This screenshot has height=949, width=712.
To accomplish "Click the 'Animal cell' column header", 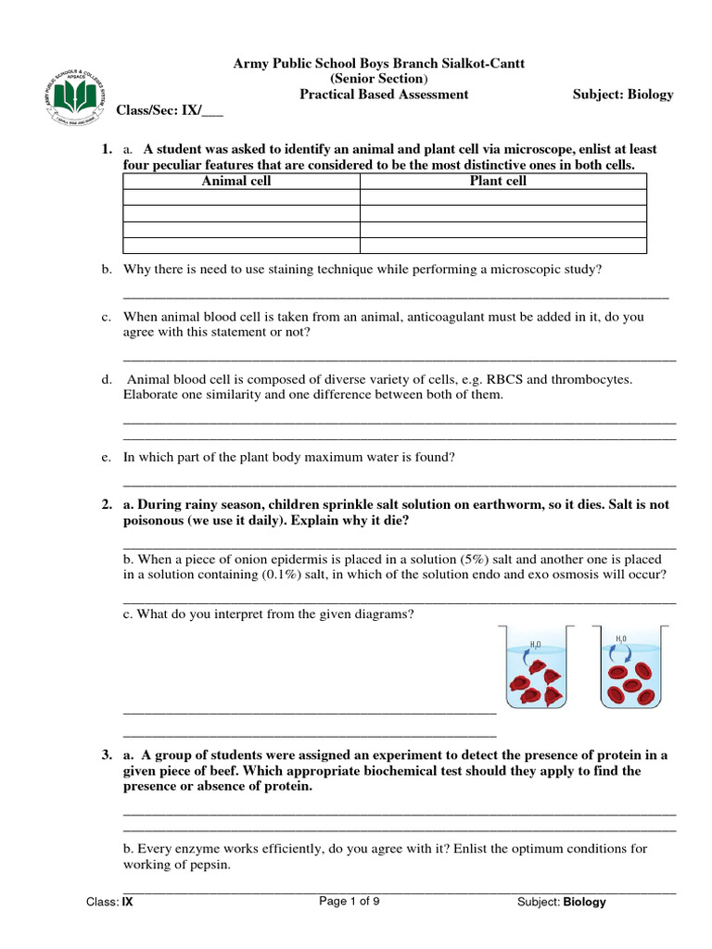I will [x=236, y=181].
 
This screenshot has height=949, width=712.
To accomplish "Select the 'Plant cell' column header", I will [x=498, y=181].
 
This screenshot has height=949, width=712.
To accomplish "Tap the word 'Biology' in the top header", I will [x=651, y=95].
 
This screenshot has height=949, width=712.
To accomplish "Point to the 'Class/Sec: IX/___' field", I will [x=170, y=110].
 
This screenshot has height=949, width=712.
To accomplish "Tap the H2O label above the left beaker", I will [x=536, y=643].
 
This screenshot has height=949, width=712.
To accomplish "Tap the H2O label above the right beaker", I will [x=621, y=638].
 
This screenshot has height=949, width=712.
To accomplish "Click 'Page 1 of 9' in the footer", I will [x=350, y=901].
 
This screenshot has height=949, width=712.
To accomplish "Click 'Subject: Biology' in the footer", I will [x=561, y=902].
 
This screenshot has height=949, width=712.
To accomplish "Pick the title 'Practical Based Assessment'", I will [x=383, y=95].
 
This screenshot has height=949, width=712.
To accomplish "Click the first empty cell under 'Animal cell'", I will [x=240, y=197].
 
